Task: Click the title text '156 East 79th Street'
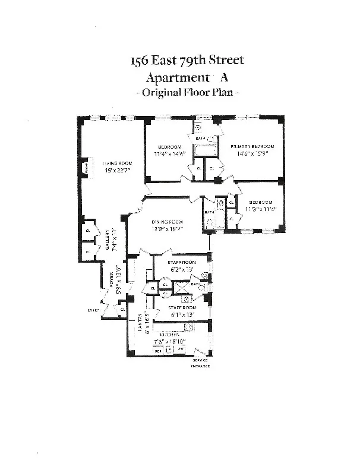click(187, 61)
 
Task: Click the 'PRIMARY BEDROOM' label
click(252, 146)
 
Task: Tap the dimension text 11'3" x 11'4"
click(261, 209)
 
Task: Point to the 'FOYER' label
click(112, 279)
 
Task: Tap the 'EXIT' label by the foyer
click(93, 309)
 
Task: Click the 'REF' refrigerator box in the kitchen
click(158, 351)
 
